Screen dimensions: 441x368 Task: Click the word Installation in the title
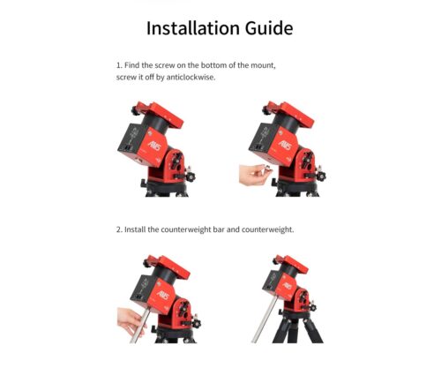point(192,28)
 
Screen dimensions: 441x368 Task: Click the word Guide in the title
point(269,29)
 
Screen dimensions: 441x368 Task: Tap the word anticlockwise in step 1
point(191,78)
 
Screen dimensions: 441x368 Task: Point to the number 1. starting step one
point(119,65)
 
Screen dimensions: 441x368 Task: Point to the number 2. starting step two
point(119,229)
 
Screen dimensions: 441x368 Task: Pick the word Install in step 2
point(135,229)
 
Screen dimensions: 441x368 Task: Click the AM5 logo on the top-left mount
point(154,145)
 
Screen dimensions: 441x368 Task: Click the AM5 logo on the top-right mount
point(285,145)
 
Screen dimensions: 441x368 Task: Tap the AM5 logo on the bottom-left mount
point(163,295)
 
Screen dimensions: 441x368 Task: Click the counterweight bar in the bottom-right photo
point(265,319)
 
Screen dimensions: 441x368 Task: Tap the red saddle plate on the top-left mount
point(161,115)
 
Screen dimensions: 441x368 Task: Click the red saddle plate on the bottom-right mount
point(291,264)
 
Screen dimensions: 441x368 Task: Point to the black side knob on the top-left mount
point(191,176)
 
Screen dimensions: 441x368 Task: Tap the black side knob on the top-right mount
point(321,176)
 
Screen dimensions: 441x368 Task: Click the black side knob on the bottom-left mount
point(196,323)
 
